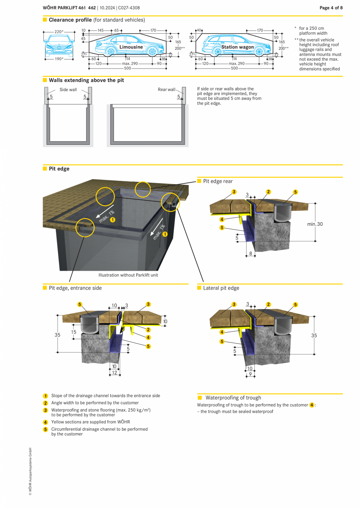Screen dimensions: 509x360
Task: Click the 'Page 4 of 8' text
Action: tap(331, 8)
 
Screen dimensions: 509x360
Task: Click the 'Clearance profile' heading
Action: tap(70, 20)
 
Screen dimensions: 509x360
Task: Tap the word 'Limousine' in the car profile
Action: tap(131, 47)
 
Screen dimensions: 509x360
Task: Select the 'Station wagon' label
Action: tap(237, 47)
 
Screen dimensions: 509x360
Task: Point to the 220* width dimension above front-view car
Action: tap(59, 32)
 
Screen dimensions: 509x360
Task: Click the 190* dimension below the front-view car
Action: tap(59, 59)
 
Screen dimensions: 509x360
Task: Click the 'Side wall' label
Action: tap(68, 90)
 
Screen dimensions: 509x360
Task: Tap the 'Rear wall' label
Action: tap(166, 90)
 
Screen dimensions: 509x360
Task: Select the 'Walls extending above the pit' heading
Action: tap(86, 80)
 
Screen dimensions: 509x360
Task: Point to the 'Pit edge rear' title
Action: tap(218, 181)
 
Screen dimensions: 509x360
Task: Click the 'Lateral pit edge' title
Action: tap(221, 288)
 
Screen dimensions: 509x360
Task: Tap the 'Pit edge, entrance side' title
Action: tap(75, 288)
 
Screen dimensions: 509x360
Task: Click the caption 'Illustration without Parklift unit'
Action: tap(128, 275)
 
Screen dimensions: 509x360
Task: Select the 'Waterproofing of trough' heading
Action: tap(233, 397)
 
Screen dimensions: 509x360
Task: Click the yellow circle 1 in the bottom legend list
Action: tap(45, 396)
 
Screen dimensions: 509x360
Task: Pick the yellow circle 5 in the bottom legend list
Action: tap(45, 430)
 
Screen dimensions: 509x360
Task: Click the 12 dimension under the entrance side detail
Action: tap(115, 373)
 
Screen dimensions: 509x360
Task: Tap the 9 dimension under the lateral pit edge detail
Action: tap(250, 374)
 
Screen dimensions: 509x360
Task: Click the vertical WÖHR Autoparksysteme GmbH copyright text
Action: tap(30, 471)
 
